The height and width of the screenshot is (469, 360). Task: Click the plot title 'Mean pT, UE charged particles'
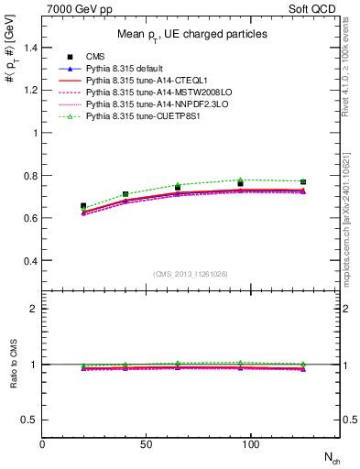[x=191, y=34]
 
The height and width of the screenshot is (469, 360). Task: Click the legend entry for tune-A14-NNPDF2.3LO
[x=149, y=105]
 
